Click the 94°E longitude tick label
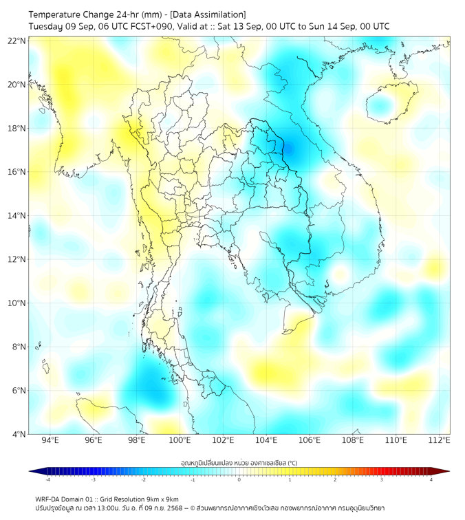pos(50,441)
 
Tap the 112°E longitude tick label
pos(440,441)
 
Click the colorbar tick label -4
pos(47,479)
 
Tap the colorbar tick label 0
pos(239,479)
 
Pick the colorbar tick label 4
pos(431,479)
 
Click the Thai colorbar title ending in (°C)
pos(239,462)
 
